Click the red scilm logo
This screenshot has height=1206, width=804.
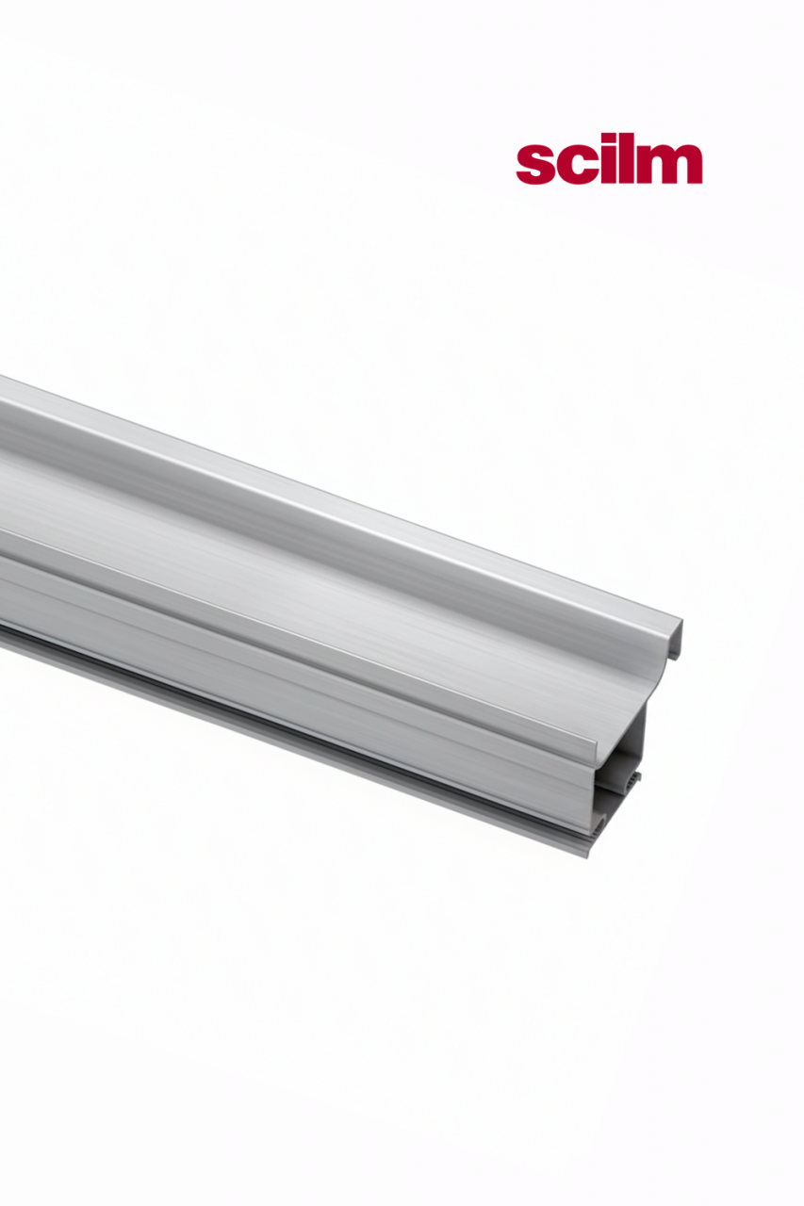[x=609, y=164]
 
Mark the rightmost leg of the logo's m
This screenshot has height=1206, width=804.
[x=694, y=171]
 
